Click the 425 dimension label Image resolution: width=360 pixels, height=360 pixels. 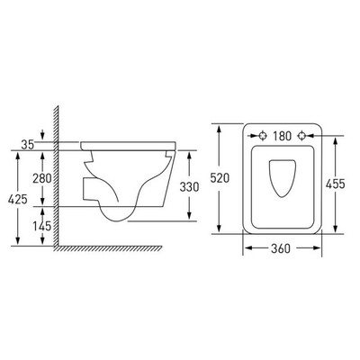(18, 199)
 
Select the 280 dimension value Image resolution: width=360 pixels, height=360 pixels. (42, 178)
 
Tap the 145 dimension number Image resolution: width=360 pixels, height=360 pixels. (42, 226)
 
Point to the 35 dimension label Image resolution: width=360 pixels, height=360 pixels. (28, 145)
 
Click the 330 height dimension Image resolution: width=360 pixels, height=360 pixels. (189, 187)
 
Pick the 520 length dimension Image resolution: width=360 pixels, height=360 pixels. (220, 178)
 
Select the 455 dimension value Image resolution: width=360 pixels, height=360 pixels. (336, 184)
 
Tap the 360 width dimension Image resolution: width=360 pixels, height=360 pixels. (281, 248)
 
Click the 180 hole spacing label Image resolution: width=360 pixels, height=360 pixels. (282, 136)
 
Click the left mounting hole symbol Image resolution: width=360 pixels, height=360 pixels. (263, 136)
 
